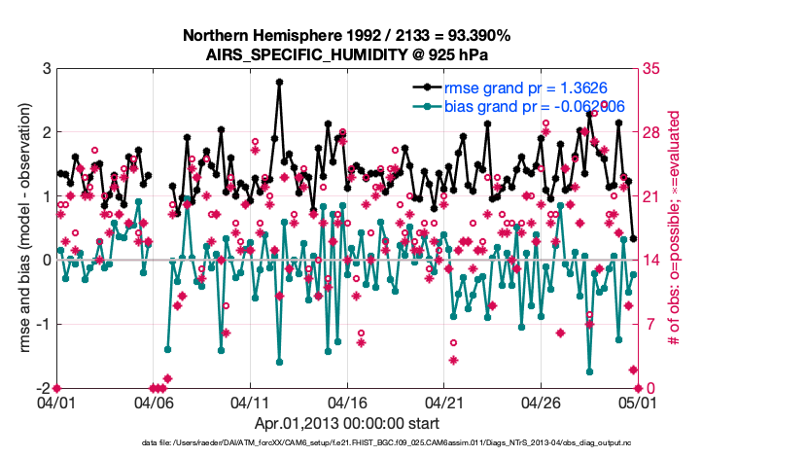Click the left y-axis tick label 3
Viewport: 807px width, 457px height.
point(46,69)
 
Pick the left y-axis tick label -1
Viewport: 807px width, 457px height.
point(43,325)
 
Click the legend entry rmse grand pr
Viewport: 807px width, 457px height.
point(516,88)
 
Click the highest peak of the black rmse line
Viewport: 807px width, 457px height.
point(279,83)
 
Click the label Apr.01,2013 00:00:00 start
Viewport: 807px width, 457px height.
point(346,424)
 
